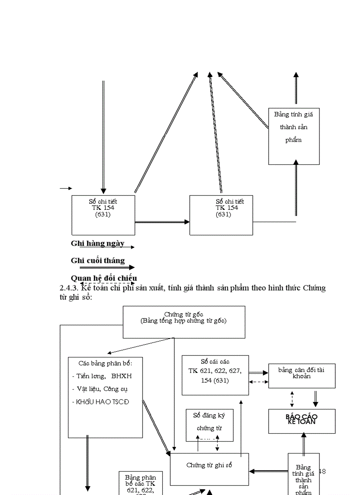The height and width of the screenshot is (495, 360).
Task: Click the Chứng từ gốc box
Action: pos(184,322)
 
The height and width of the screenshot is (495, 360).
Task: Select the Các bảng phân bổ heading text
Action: pos(105,363)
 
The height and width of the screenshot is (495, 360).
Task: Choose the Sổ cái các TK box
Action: pos(215,375)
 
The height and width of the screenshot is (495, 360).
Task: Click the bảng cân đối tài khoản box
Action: pos(302,376)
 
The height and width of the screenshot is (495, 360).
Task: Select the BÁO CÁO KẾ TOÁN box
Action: pos(302,421)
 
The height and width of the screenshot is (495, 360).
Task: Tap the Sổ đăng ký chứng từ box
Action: pos(209,424)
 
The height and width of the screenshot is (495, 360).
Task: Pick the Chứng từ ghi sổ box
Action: pos(209,469)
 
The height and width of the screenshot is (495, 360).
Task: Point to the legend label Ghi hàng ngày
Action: pos(97,243)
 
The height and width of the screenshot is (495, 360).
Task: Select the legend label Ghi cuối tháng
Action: pos(97,261)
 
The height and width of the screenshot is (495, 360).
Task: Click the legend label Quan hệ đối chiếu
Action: pos(104,278)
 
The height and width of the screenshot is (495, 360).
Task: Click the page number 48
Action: pos(322,471)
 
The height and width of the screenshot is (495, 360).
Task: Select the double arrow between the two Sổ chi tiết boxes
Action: pos(162,222)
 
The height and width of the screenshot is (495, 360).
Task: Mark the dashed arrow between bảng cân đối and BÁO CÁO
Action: pos(292,398)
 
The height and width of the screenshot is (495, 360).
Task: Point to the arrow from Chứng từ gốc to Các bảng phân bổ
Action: pos(140,346)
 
